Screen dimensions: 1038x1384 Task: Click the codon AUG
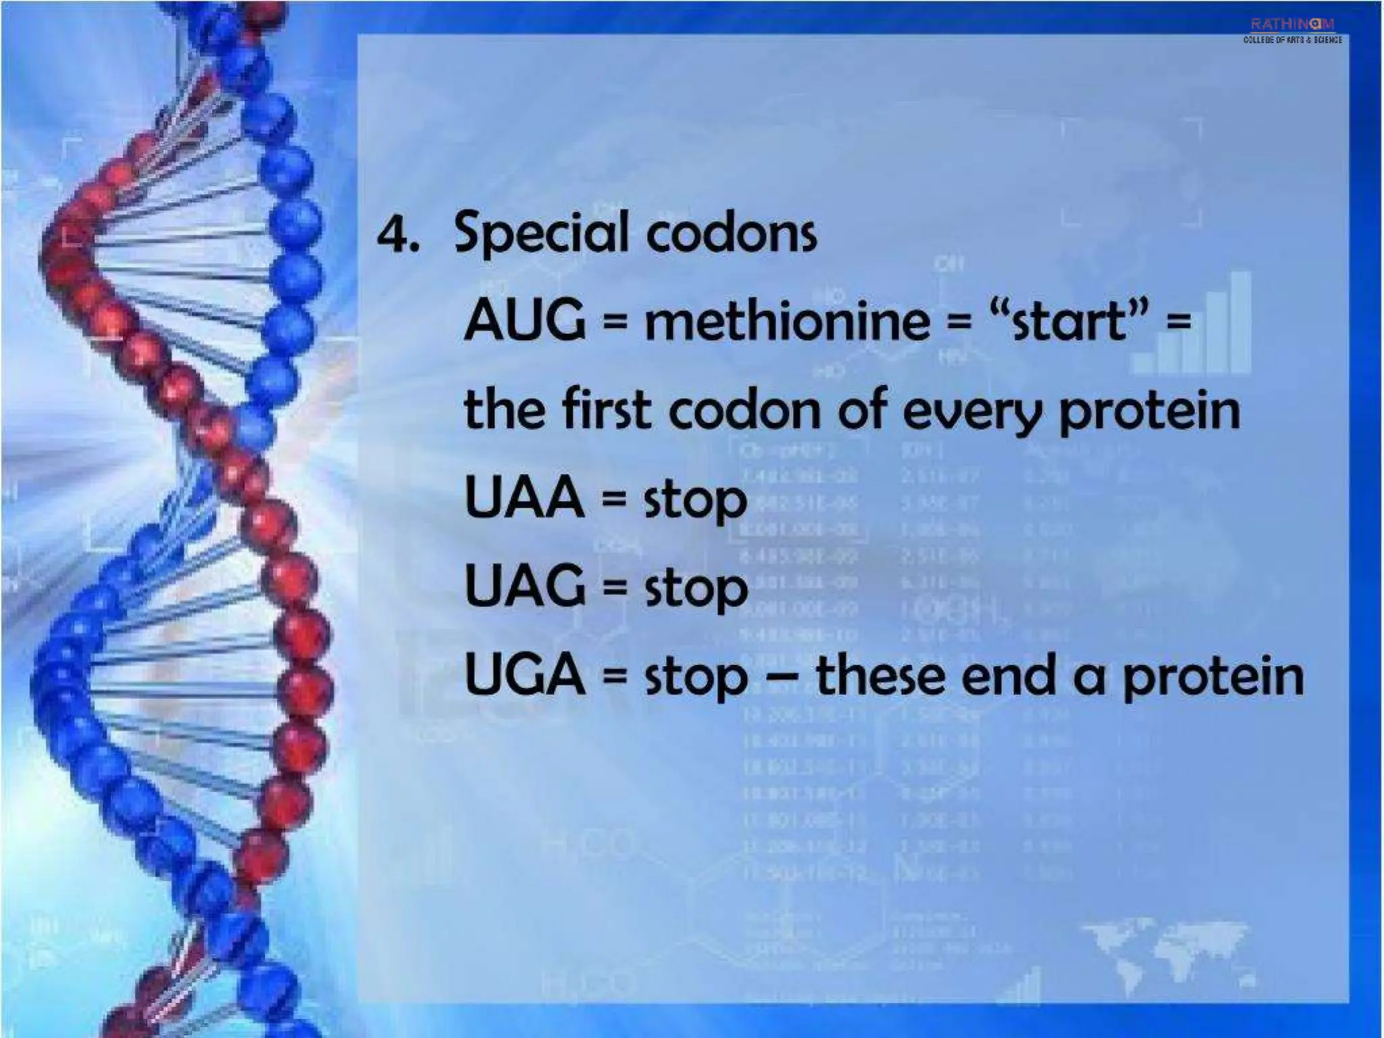(525, 320)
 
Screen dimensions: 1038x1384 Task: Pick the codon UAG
(525, 586)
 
